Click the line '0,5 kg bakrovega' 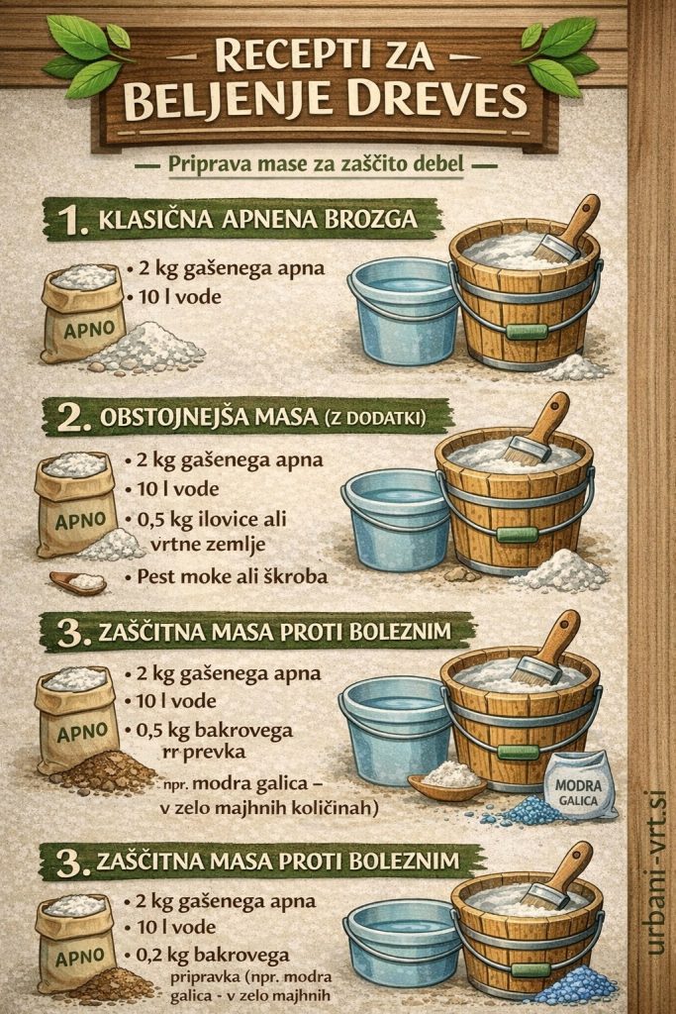(x=224, y=731)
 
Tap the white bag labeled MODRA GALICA (x=578, y=782)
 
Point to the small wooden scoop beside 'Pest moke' (x=79, y=582)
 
